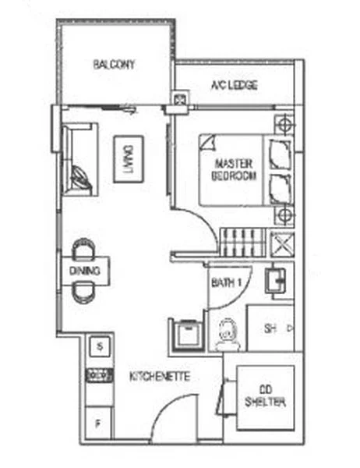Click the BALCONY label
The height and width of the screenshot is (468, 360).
[114, 64]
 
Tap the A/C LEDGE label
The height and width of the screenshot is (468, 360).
[234, 84]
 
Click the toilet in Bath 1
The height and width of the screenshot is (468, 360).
[227, 335]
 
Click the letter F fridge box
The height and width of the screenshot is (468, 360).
[98, 424]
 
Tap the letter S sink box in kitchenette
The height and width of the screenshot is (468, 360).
[98, 344]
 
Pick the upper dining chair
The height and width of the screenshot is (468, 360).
[82, 249]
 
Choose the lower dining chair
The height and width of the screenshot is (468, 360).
[82, 292]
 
